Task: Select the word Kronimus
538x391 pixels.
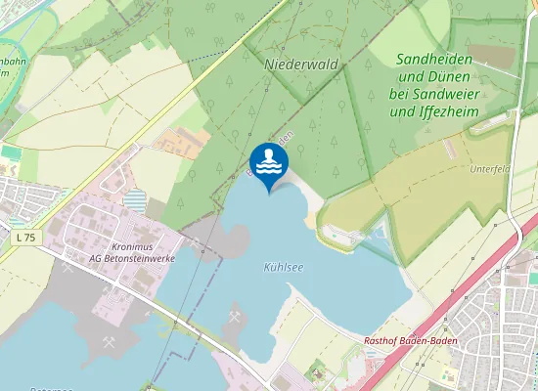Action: (134, 248)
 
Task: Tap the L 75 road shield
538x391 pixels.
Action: (25, 239)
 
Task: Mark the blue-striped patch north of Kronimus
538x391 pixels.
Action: (136, 202)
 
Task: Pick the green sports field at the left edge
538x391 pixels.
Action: (11, 152)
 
